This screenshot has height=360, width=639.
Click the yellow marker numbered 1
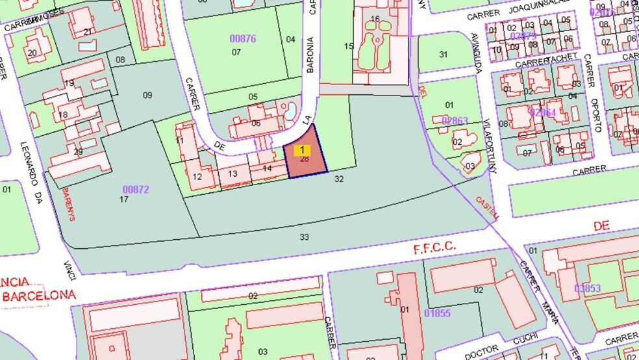(x=302, y=150)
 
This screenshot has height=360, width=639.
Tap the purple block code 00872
(x=136, y=189)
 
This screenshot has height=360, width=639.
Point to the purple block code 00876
(x=243, y=38)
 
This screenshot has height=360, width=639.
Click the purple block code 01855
(x=437, y=314)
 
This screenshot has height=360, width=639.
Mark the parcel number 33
(x=304, y=237)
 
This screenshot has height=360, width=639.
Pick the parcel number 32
(x=338, y=177)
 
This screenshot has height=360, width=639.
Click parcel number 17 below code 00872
(x=123, y=199)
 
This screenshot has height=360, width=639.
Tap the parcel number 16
(x=375, y=19)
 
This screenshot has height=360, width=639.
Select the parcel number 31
(x=444, y=54)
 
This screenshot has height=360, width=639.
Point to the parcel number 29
(x=79, y=152)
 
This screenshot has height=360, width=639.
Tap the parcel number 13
(x=232, y=174)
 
